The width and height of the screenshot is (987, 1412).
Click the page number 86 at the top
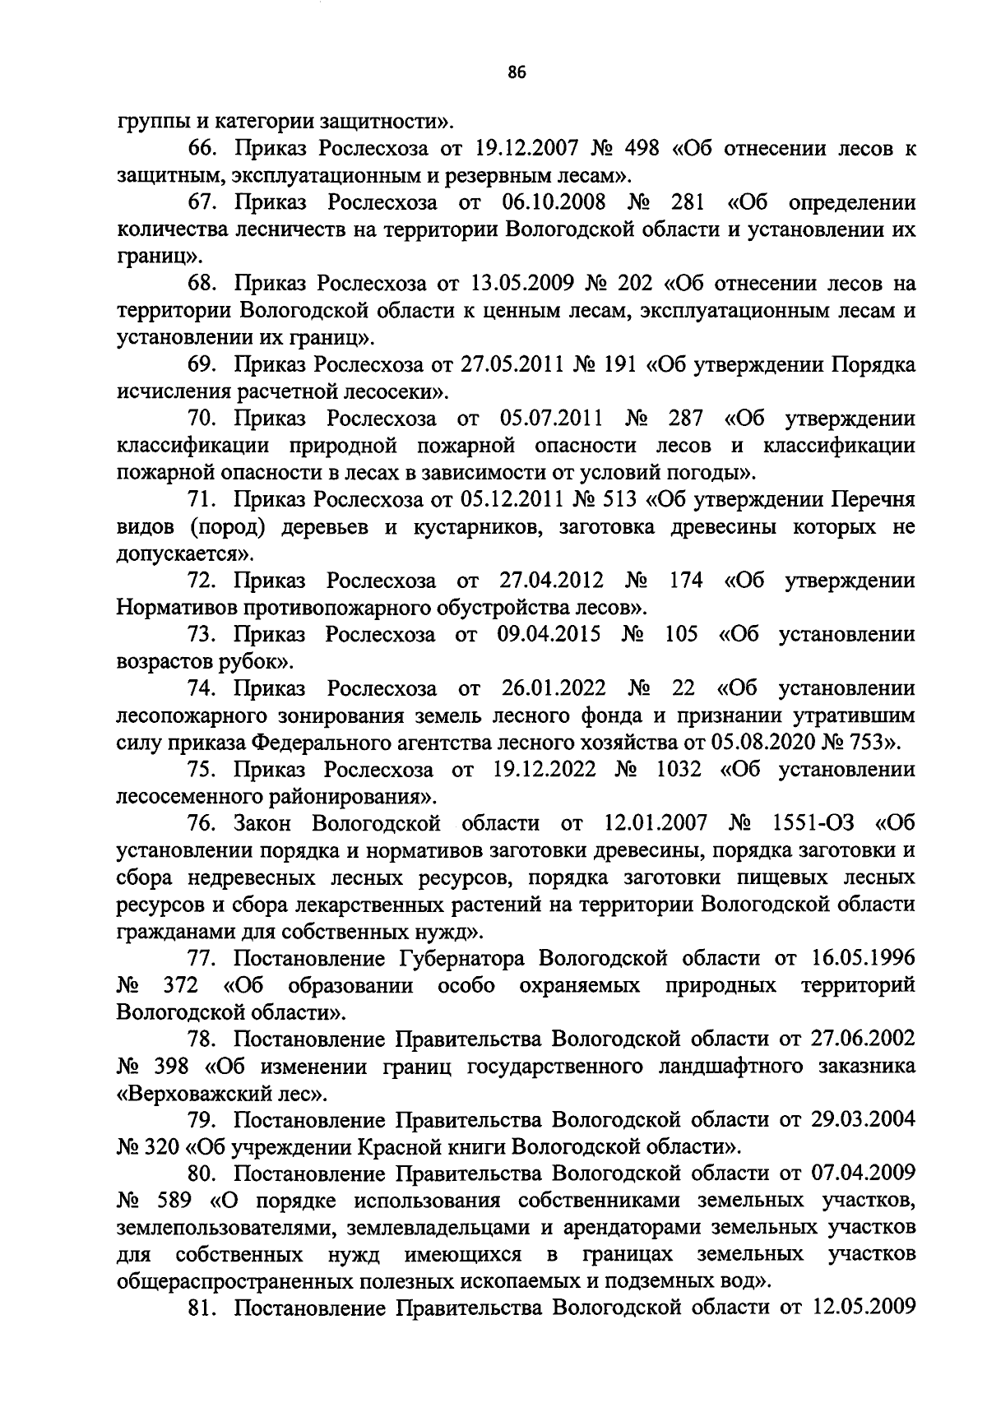point(517,72)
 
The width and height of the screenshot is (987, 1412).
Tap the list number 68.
point(203,284)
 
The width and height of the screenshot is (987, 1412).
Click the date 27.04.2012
point(552,581)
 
